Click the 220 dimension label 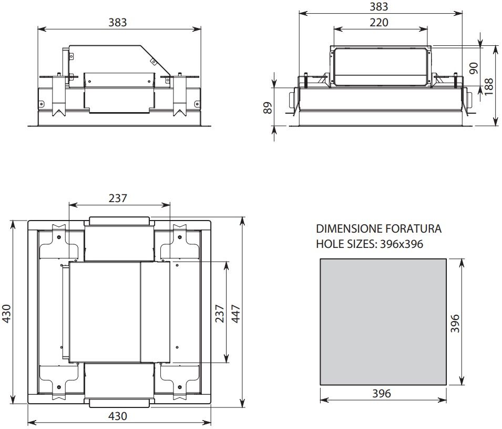point(379,23)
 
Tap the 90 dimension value point(473,68)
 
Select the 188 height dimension point(489,86)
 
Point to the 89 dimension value point(268,108)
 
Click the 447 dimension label point(235,314)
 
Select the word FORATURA point(414,228)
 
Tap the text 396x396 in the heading point(402,244)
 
